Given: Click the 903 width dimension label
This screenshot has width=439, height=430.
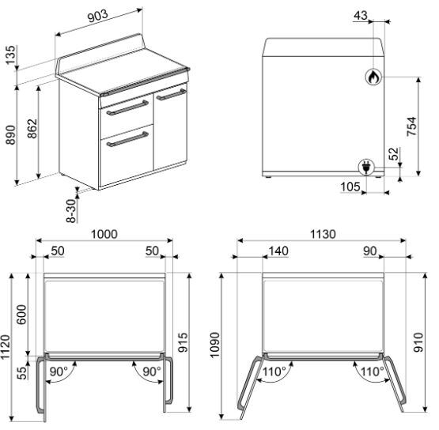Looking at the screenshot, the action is [98, 17].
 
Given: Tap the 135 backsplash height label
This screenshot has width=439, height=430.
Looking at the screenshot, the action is [10, 55].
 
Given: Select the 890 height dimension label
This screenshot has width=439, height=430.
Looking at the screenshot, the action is [10, 135].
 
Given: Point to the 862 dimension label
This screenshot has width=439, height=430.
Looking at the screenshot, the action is [32, 128].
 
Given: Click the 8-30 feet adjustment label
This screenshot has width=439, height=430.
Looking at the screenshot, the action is [71, 211].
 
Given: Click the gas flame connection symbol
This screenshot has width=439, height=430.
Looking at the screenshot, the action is [374, 77].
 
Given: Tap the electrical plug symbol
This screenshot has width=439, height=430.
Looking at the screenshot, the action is [366, 167].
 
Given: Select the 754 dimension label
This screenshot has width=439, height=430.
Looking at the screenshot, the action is [411, 126].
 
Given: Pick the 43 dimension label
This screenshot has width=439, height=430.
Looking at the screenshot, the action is [361, 15].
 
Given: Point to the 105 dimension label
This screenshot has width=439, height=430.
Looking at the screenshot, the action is [350, 187].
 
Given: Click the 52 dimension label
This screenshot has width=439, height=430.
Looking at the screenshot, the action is [394, 153].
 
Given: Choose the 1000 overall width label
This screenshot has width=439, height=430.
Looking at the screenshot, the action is [104, 234].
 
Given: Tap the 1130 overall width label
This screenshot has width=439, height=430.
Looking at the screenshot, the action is [323, 234].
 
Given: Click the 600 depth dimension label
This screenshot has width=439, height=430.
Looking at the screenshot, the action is [21, 315].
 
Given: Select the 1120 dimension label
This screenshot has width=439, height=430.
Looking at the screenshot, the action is [6, 347].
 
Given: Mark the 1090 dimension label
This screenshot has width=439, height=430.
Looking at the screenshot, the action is [214, 345].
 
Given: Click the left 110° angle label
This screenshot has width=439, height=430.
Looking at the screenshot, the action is [274, 372].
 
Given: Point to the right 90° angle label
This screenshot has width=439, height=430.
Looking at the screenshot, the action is [152, 372].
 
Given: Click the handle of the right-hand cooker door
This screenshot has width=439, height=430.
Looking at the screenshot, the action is [172, 95].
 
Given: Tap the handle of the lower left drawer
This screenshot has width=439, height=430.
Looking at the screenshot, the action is [127, 139].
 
